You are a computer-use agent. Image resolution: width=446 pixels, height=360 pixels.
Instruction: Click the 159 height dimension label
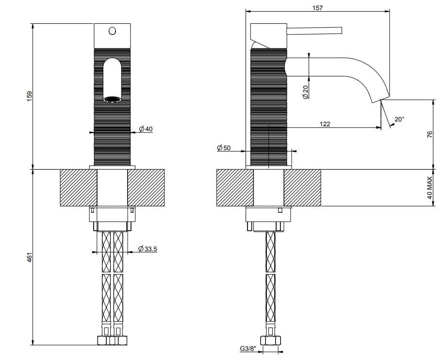coord(29,95)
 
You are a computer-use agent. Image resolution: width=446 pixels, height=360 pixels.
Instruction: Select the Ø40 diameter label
coord(146,129)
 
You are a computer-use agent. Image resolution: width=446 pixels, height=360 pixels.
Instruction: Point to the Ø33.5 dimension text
coord(148,249)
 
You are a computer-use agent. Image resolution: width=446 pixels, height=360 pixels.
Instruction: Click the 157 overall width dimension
coord(317,8)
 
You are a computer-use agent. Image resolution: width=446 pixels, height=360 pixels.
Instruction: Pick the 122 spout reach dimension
coord(325,124)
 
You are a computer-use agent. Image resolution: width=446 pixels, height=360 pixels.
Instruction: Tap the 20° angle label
coord(399,119)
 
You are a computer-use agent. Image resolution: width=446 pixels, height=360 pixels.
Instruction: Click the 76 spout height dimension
coord(429,135)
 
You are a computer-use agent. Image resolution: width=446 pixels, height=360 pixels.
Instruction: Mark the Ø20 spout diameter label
coord(306,92)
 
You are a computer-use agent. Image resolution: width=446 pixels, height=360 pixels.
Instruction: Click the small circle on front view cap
coord(113,31)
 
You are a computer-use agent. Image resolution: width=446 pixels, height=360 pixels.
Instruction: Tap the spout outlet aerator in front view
coord(113,100)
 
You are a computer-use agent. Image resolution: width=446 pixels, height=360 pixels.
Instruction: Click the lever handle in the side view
coord(315,31)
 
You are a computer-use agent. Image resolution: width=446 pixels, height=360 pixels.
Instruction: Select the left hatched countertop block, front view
coord(79,187)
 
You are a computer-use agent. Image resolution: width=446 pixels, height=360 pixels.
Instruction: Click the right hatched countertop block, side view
coord(302,188)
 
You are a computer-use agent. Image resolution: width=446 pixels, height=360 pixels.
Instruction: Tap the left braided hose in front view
coord(106,282)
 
